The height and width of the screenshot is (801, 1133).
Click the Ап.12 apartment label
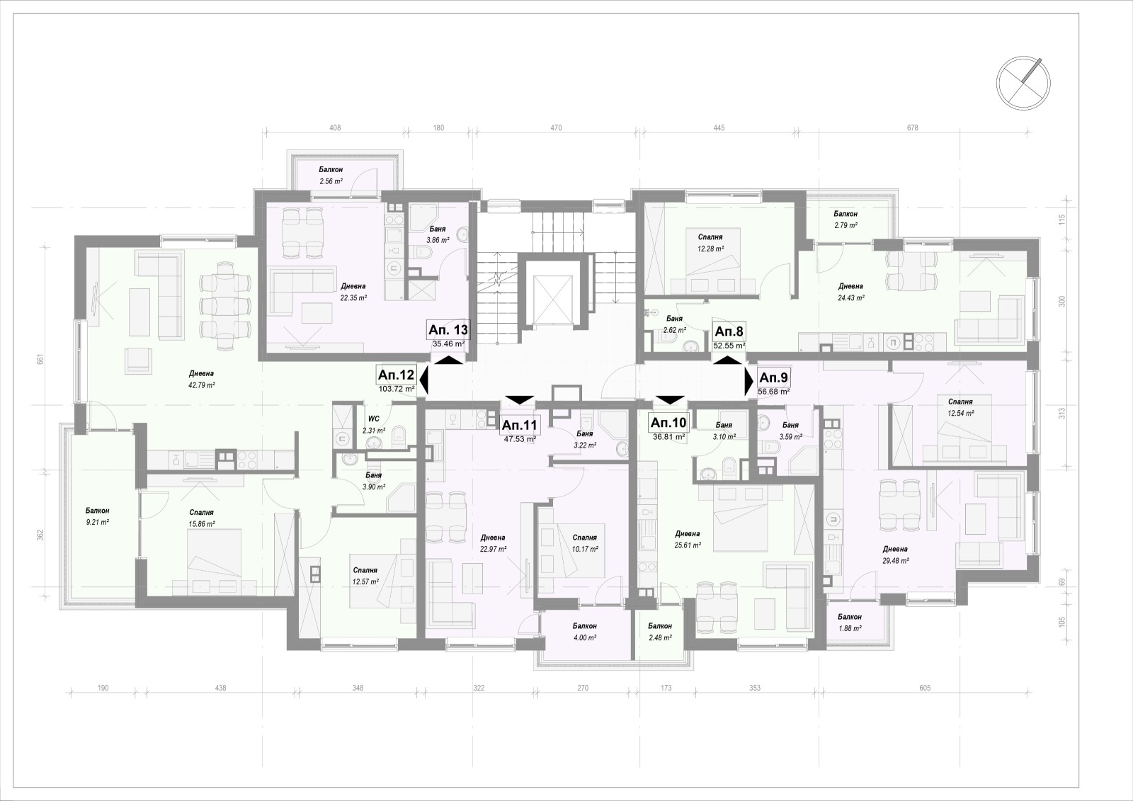[x=397, y=375]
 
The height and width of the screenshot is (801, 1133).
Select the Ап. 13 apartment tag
[x=448, y=330]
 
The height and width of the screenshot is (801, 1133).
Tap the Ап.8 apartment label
[x=729, y=331]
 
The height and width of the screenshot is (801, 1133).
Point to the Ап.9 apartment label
[x=773, y=377]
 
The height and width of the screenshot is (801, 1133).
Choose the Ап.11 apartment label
[x=519, y=425]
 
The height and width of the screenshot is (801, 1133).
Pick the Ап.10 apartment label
[x=668, y=423]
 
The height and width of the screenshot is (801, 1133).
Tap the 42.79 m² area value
[x=202, y=385]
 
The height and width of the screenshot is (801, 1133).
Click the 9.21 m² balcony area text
[x=97, y=522]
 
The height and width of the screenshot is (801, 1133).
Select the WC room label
[x=374, y=419]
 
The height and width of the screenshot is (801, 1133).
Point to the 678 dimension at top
[x=912, y=128]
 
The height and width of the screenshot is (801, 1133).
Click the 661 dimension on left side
[x=40, y=359]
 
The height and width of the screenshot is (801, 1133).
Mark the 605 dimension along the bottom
[x=925, y=688]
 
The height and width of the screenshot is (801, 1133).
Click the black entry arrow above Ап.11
[x=520, y=399]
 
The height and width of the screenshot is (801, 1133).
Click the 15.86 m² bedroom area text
[x=202, y=523]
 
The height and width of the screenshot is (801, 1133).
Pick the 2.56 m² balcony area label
[x=331, y=181]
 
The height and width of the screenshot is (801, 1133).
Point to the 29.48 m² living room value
[x=895, y=561]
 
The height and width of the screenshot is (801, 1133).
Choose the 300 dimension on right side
[x=1061, y=301]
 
